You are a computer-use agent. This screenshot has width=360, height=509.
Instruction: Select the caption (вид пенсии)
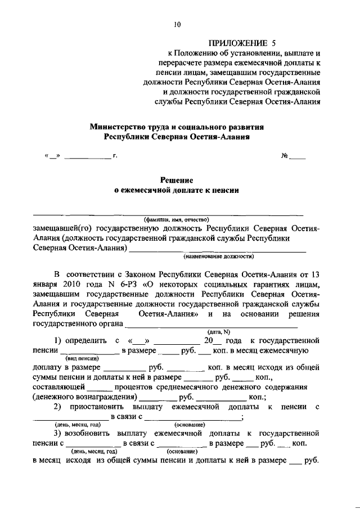(x=82, y=358)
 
